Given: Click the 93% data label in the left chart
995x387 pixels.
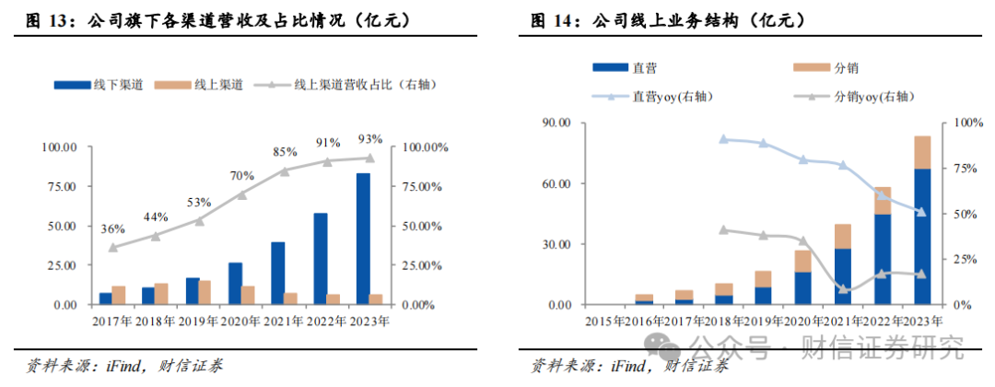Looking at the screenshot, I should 369,139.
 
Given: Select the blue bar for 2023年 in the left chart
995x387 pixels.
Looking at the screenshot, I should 363,239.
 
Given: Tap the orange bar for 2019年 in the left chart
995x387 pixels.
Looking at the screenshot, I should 205,292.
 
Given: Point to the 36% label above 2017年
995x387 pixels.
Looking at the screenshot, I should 111,229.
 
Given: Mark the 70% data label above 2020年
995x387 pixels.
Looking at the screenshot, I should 242,176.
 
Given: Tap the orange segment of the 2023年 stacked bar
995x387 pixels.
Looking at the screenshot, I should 922,152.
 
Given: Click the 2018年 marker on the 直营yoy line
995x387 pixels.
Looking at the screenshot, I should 723,139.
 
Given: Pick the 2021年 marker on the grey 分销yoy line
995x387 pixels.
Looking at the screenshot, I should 843,289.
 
